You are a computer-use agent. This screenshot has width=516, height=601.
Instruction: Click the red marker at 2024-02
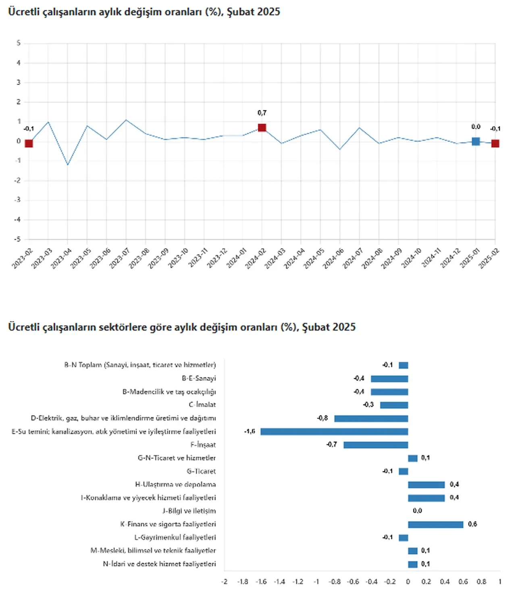262,128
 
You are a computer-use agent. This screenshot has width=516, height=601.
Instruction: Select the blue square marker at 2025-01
476,141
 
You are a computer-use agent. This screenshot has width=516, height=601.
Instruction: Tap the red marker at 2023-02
29,143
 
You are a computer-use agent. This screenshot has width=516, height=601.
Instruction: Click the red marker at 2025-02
495,143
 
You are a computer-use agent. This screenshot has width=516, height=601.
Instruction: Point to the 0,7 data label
262,113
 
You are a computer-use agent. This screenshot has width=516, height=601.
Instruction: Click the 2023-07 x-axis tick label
119,258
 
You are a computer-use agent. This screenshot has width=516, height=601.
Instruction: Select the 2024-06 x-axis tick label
333,258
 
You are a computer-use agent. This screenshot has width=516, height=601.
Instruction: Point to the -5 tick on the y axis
17,239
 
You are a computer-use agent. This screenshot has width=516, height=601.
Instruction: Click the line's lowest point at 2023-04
68,164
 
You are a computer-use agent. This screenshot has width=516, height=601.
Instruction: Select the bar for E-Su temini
334,432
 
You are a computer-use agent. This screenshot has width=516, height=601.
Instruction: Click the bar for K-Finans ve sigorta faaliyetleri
435,524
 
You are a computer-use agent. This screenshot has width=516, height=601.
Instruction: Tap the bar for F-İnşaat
375,445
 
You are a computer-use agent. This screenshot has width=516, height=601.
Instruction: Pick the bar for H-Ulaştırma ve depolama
426,485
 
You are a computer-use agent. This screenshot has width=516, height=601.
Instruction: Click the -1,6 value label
250,431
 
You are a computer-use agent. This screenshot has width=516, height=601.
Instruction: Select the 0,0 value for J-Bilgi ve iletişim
417,511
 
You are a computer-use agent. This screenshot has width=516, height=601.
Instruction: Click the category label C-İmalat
202,405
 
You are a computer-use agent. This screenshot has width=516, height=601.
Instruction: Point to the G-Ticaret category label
201,471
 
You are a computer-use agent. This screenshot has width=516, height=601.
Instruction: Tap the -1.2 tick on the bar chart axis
298,582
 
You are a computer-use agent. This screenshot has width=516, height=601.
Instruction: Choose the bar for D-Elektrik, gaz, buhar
371,419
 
